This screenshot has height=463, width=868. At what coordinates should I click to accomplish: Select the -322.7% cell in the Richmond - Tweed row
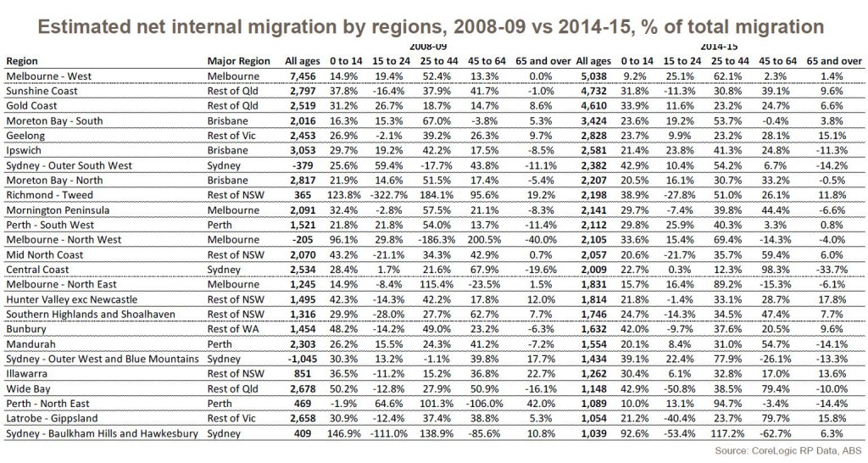pos(391,196)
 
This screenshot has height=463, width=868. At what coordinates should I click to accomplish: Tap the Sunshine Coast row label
pos(42,92)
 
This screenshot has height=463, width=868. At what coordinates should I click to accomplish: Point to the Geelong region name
pos(25,137)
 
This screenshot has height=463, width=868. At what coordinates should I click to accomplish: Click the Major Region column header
pos(238,61)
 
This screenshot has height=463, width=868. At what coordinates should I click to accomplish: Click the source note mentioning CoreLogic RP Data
pos(788,451)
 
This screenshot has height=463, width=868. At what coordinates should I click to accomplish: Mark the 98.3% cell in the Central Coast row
pos(778,270)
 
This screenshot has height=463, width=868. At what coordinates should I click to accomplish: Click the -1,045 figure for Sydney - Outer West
pos(302,359)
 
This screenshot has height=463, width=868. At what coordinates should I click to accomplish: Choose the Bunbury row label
pos(26,330)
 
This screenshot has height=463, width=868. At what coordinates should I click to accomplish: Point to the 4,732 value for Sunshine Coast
pos(593,92)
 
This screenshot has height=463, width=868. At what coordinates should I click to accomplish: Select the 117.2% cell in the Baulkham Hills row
pos(730,433)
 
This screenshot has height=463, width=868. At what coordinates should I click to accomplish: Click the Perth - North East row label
pos(47,404)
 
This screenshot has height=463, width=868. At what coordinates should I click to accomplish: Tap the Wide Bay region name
pos(28,389)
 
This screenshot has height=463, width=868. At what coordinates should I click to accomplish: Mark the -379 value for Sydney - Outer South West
pos(304,165)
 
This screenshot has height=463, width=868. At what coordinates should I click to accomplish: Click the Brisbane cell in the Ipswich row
pos(227,151)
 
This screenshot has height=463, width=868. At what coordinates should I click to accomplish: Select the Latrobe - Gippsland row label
pos(52,419)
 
